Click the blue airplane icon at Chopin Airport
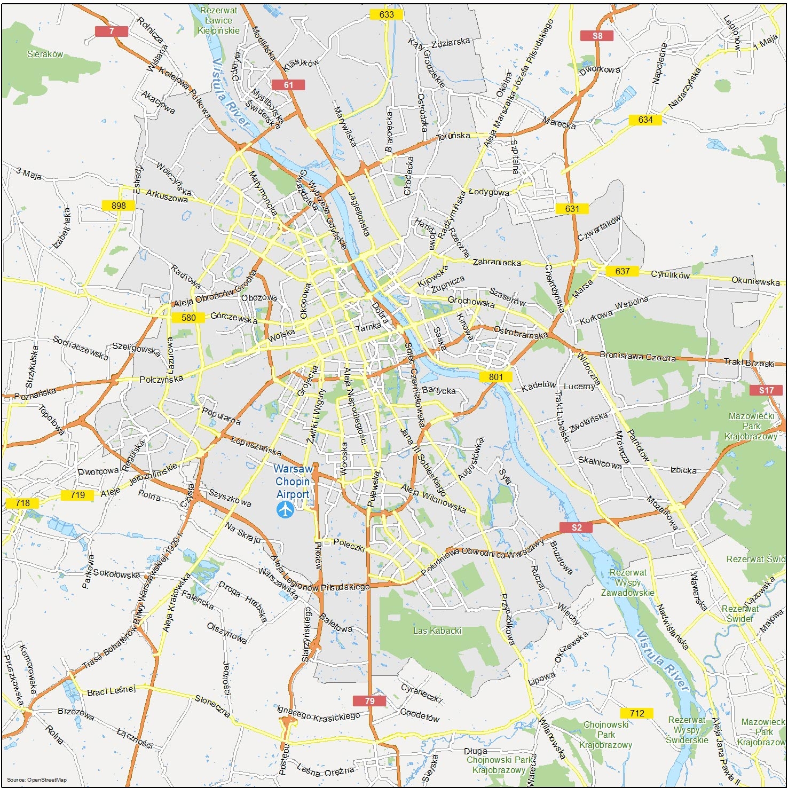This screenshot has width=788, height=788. [x=286, y=510]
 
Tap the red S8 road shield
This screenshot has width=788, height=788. [x=597, y=36]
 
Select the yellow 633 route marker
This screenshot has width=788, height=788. [x=386, y=14]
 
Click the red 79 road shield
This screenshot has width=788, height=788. [x=369, y=700]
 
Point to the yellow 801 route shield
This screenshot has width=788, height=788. [x=495, y=376]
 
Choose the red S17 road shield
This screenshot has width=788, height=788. [x=766, y=390]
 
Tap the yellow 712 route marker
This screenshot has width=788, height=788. [x=636, y=713]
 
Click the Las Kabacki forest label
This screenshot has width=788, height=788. [x=437, y=631]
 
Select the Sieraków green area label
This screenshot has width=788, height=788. [x=45, y=54]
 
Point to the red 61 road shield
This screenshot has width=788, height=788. [x=288, y=84]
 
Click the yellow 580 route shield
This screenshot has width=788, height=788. [x=188, y=318]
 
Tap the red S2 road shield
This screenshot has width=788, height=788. [x=577, y=527]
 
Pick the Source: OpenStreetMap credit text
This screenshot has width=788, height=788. [x=36, y=780]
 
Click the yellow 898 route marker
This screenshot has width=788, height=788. [x=119, y=206]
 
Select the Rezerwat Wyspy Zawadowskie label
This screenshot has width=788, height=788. [x=628, y=582]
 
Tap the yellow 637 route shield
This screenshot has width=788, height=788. [x=622, y=271]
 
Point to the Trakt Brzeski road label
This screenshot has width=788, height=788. [x=748, y=363]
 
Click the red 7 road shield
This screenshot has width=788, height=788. [x=112, y=31]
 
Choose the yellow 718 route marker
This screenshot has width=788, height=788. [x=22, y=503]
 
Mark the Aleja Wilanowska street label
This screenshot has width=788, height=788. [x=433, y=498]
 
